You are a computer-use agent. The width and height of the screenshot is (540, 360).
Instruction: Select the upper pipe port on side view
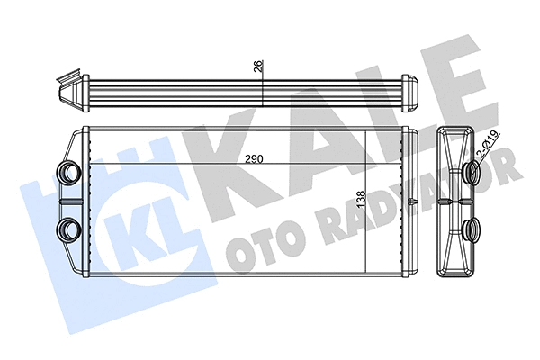point(472,172)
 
